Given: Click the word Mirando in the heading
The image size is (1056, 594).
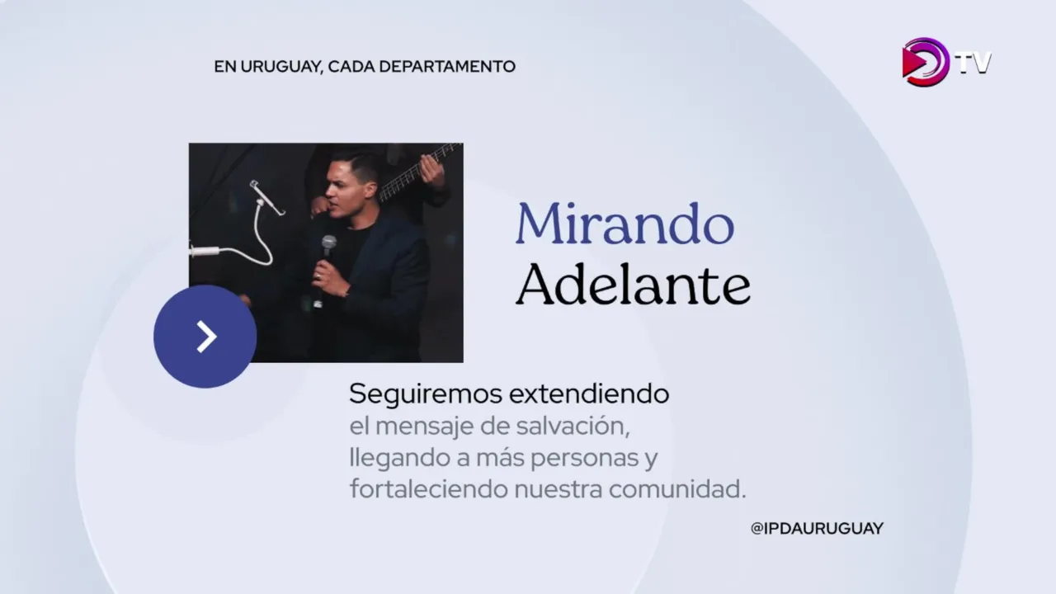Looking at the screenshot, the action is (625, 224).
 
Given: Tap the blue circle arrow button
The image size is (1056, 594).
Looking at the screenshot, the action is (205, 337).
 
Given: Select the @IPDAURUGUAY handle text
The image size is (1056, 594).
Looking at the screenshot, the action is (817, 529).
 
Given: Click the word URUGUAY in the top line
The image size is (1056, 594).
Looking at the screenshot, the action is (281, 67).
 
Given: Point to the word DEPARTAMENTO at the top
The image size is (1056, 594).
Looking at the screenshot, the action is (447, 67).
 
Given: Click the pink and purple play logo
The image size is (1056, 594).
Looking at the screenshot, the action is (925, 62).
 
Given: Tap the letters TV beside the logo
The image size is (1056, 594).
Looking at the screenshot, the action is (973, 63).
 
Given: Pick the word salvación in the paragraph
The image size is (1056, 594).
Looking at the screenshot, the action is (573, 427).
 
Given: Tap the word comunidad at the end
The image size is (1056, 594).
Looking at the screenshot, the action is (677, 489).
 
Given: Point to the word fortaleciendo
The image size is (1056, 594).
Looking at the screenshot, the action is (427, 489).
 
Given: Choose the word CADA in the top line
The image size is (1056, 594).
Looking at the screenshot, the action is (351, 67).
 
